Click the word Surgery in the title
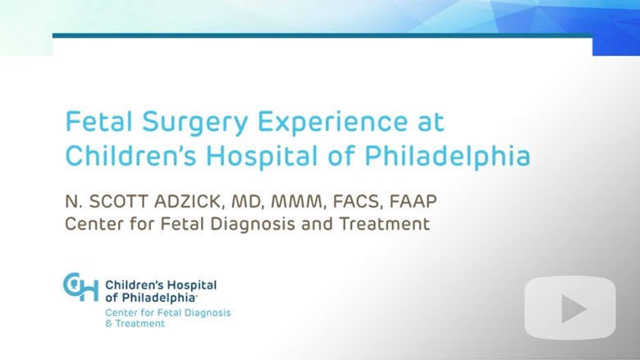[x=195, y=122]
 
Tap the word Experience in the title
[x=332, y=122]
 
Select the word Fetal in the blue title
[x=99, y=121]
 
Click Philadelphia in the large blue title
[x=447, y=157]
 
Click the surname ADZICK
[x=190, y=202]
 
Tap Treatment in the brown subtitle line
[x=385, y=224]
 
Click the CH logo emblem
[x=80, y=287]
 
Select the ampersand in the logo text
[x=109, y=324]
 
